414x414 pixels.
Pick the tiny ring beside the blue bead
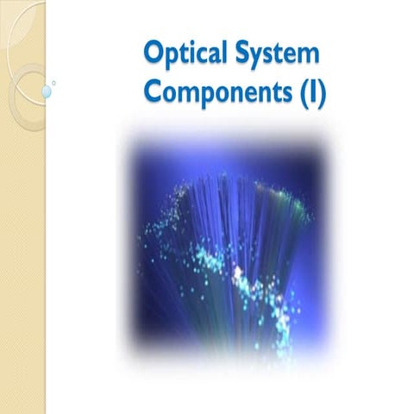coord(54,84)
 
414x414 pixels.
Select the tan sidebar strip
coord(22,259)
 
